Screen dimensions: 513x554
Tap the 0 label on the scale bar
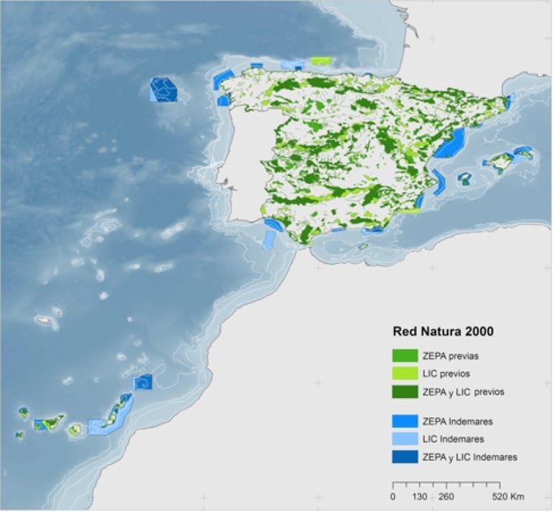[x=393, y=497]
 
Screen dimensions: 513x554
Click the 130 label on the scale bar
[x=420, y=497]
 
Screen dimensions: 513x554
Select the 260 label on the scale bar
[x=446, y=497]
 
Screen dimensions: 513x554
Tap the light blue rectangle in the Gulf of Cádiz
[x=268, y=240]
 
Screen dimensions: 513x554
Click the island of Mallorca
[x=503, y=164]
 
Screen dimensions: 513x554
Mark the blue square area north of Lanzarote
[x=142, y=382]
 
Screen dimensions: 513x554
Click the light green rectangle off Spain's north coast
[x=321, y=60]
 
